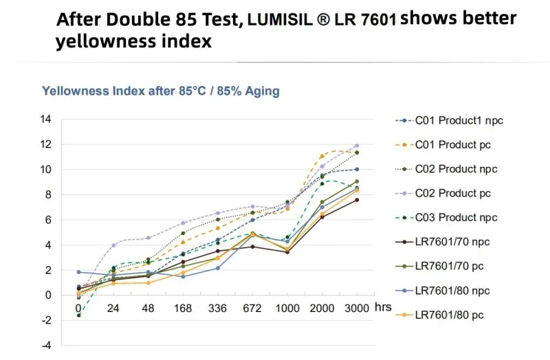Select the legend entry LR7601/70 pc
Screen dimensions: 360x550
point(454,265)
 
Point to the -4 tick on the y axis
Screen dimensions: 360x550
point(45,346)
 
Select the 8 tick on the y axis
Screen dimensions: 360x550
point(47,194)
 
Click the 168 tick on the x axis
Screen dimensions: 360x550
point(183,308)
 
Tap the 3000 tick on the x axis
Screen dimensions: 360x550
point(356,308)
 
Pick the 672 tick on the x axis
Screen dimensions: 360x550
point(252,308)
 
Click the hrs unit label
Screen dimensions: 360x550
point(382,307)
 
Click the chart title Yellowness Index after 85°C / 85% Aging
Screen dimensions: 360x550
point(161,91)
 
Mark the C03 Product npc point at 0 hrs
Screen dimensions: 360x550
point(78,315)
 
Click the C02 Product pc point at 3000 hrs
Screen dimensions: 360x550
point(356,146)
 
